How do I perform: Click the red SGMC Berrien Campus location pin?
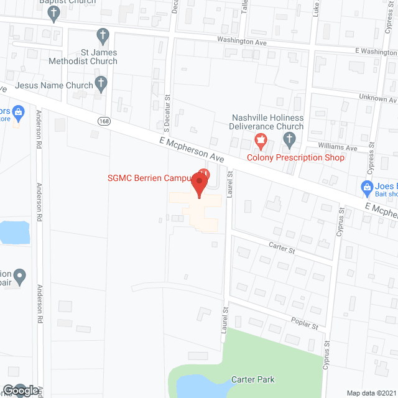[199, 184]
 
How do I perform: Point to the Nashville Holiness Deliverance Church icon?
[289, 142]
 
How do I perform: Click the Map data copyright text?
[371, 393]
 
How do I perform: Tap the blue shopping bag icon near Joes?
[368, 187]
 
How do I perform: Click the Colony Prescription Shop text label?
[295, 157]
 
